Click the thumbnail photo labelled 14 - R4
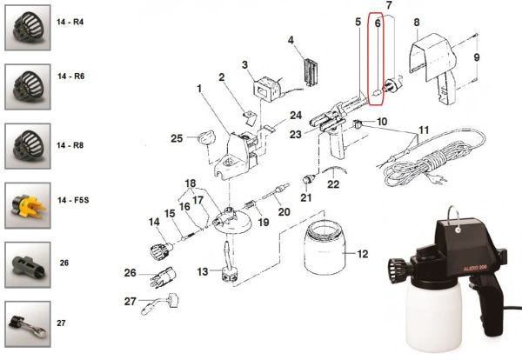(x=28, y=28)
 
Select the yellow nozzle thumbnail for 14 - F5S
(x=28, y=205)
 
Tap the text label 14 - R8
(x=70, y=145)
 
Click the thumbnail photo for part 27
(x=28, y=324)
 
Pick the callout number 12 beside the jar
(x=363, y=254)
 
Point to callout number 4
(x=291, y=40)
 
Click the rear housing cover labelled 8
(x=432, y=68)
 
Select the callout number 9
(x=477, y=57)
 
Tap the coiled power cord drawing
(x=432, y=158)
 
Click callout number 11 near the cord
(x=424, y=130)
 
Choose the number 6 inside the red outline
(x=378, y=23)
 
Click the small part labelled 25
(x=207, y=137)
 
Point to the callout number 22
(x=333, y=184)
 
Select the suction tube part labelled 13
(x=229, y=264)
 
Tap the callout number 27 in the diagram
(x=130, y=302)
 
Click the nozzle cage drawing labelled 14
(x=162, y=251)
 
